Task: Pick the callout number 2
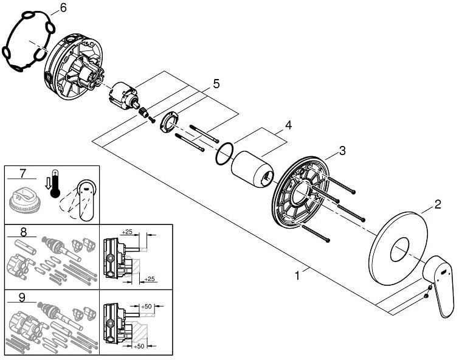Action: click(438, 205)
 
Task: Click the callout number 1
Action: click(297, 275)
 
